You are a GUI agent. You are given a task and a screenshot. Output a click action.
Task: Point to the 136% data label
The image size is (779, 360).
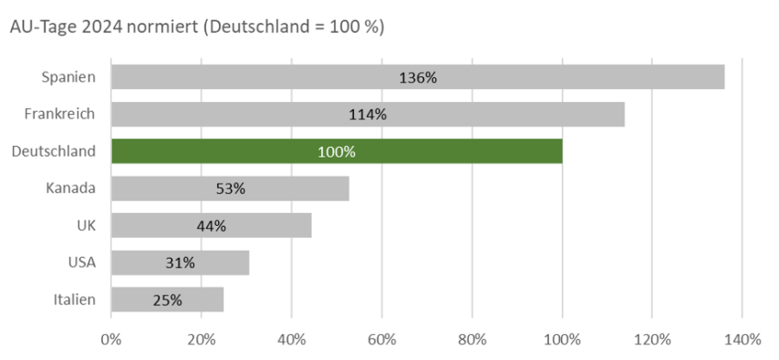[x=418, y=77]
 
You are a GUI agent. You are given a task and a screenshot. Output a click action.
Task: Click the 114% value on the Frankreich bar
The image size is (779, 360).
[x=369, y=114]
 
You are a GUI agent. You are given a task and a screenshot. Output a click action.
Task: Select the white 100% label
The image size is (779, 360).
[x=337, y=151]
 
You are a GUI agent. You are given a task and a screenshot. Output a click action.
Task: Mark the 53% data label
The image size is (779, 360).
[x=230, y=189]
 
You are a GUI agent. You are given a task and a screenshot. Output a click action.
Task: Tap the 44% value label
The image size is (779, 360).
[x=210, y=226]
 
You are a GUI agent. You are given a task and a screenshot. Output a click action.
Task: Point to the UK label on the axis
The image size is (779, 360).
[x=86, y=226]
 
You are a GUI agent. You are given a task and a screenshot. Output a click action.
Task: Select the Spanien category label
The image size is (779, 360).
[x=68, y=77]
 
